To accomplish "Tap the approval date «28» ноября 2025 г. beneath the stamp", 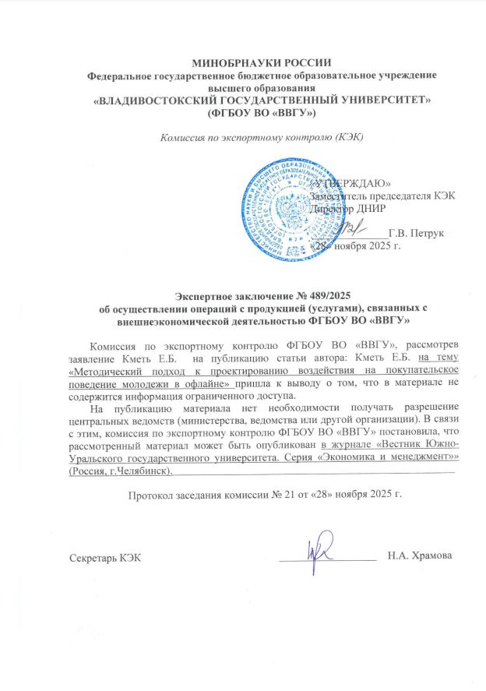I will pyautogui.click(x=355, y=247).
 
